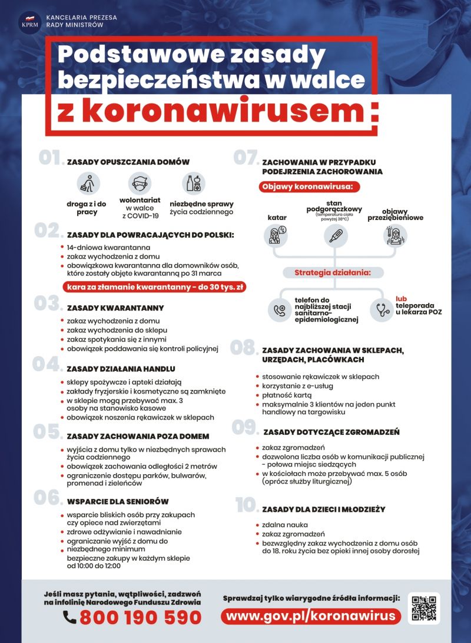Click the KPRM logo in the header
coord(28,22)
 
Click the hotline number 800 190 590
coord(140,617)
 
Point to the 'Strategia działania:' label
coord(333,272)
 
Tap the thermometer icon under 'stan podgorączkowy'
coord(336,236)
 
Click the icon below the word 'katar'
coord(276,236)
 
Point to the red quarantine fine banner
coord(154,287)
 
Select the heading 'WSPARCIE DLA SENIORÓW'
coord(118,501)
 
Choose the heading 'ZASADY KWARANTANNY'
coord(115,308)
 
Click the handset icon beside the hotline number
coord(70,617)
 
